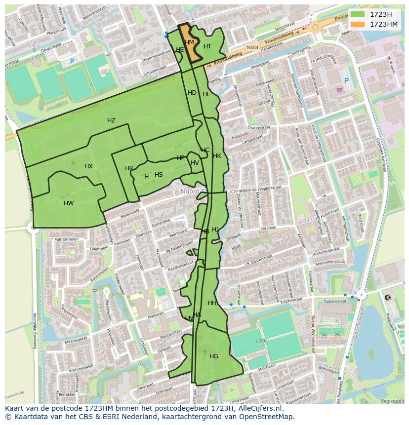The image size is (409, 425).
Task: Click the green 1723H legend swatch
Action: pyautogui.click(x=358, y=14)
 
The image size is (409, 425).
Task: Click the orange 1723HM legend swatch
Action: pyautogui.click(x=358, y=24)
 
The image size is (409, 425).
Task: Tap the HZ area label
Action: pyautogui.click(x=111, y=120)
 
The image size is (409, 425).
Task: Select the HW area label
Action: pyautogui.click(x=69, y=203)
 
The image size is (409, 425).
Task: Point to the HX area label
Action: pyautogui.click(x=88, y=166)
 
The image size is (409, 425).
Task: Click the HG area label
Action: pyautogui.click(x=214, y=356)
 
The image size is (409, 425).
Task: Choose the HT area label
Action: pyautogui.click(x=207, y=46)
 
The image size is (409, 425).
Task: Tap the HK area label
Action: pyautogui.click(x=217, y=156)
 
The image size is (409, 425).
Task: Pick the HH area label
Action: pyautogui.click(x=212, y=303)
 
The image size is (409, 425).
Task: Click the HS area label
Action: pyautogui.click(x=159, y=175)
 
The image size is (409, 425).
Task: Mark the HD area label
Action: pyautogui.click(x=192, y=93)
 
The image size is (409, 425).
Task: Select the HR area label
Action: pyautogui.click(x=129, y=168)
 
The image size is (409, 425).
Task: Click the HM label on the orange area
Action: pyautogui.click(x=190, y=42)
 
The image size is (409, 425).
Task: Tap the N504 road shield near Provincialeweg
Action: pyautogui.click(x=252, y=47)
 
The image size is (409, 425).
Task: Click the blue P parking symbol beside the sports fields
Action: pyautogui.click(x=72, y=62)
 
